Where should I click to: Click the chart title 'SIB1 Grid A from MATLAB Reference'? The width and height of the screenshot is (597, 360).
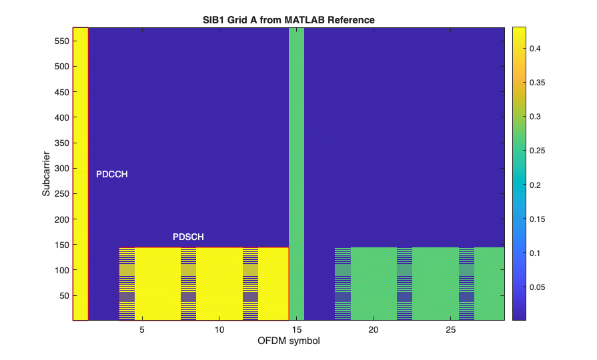tap(288, 20)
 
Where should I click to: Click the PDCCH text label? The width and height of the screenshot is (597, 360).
tap(111, 175)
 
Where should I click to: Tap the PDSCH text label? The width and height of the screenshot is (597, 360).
tap(188, 237)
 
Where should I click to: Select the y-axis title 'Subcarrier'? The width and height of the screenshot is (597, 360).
tap(46, 174)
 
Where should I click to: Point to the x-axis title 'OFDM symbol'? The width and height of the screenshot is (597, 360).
tap(288, 341)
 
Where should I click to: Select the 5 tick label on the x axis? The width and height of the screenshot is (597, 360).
tap(142, 330)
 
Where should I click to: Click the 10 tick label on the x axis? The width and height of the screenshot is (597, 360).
tap(219, 330)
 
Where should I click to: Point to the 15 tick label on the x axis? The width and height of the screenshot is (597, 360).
tap(296, 330)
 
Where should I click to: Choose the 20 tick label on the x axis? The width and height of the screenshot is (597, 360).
tap(374, 330)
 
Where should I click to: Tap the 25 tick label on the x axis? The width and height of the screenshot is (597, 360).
tap(451, 330)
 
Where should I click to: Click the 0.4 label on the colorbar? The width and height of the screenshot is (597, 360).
tap(536, 49)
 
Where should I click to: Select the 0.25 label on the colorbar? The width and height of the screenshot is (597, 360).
tap(538, 151)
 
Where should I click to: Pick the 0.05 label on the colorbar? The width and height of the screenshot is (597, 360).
tap(538, 287)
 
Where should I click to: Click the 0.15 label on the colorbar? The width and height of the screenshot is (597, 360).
tap(538, 219)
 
